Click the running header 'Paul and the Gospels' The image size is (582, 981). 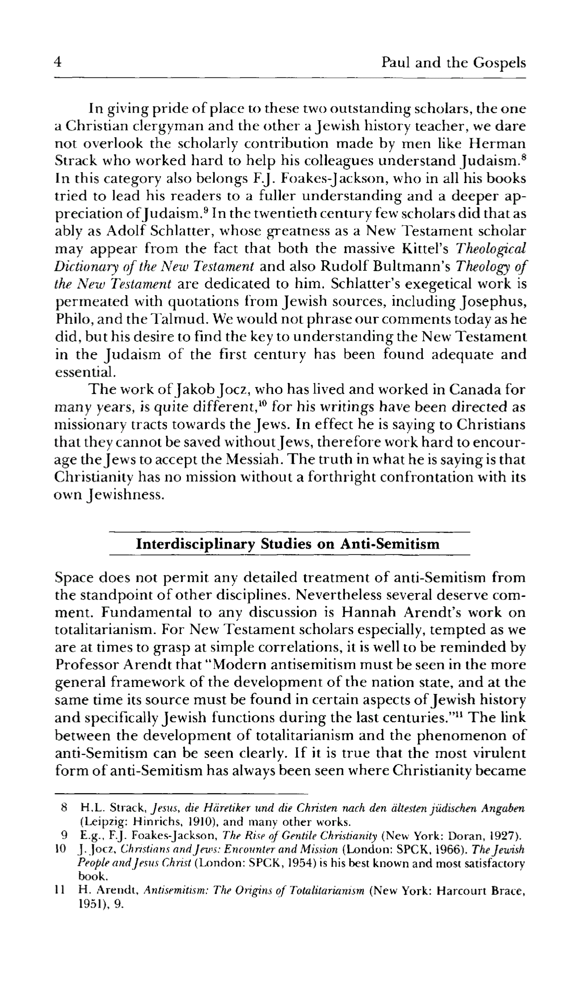click(453, 63)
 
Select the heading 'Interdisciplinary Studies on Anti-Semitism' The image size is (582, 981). click(288, 544)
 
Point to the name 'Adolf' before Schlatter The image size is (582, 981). click(125, 231)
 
